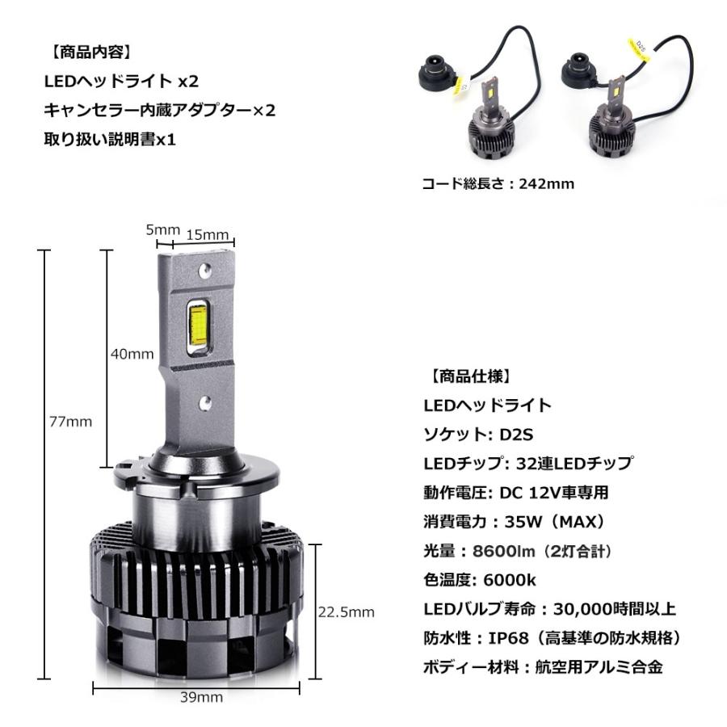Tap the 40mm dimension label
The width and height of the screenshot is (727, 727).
click(x=132, y=353)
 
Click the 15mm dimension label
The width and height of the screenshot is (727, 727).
click(x=208, y=235)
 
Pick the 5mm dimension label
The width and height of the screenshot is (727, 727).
click(x=162, y=229)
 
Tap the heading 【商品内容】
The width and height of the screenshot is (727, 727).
click(x=90, y=53)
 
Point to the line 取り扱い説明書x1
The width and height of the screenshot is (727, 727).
click(x=110, y=140)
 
